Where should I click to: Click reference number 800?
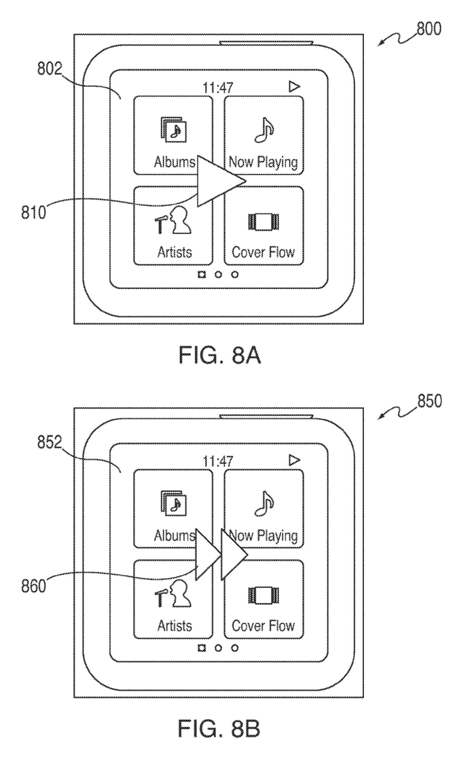click(428, 29)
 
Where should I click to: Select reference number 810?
click(33, 212)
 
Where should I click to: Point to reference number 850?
click(428, 402)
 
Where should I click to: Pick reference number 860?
click(33, 586)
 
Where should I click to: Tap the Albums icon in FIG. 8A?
click(173, 128)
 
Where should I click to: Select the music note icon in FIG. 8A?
click(262, 129)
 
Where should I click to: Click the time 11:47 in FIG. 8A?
click(219, 87)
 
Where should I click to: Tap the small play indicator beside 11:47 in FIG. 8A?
click(294, 86)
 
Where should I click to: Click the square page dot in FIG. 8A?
click(201, 275)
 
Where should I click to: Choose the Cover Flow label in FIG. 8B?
click(263, 625)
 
